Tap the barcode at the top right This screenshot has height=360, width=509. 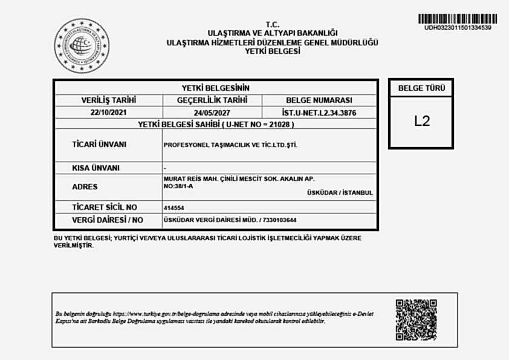coord(458,18)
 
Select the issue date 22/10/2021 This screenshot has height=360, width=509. coord(109,113)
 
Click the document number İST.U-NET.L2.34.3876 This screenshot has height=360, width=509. coord(319,113)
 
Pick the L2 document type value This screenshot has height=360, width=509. coord(421,121)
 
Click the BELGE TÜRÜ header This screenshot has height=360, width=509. coord(421,88)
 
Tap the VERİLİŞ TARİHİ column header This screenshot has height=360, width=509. coord(109,100)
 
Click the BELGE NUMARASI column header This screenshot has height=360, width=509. coord(319,100)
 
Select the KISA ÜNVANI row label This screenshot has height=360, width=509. coord(96,168)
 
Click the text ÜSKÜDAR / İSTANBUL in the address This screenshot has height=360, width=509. coord(340,193)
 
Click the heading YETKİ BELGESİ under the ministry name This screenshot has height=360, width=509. coord(272,51)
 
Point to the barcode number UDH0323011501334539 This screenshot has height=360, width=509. coord(458,28)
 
